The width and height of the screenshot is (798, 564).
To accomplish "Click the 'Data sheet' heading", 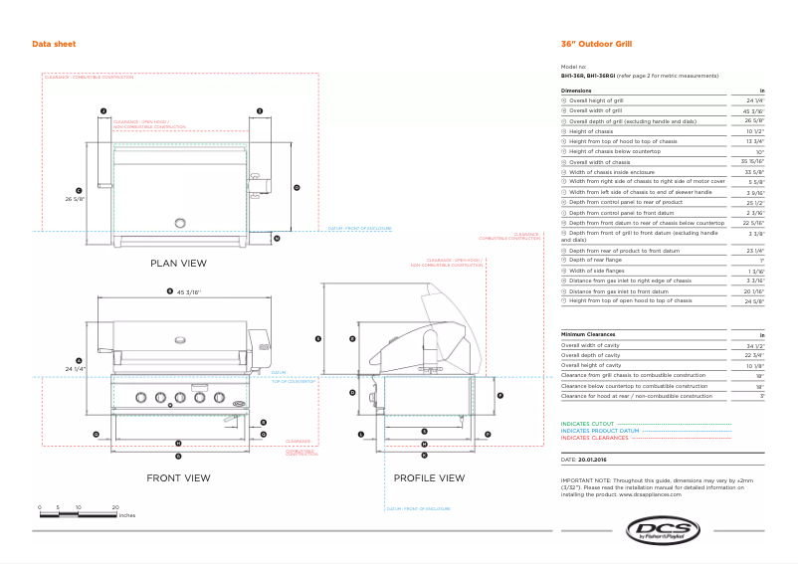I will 54,44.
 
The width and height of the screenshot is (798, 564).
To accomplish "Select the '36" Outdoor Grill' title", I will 596,44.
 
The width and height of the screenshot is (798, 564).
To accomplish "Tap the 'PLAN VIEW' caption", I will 178,264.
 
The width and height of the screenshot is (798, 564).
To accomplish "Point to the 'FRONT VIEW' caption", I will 178,478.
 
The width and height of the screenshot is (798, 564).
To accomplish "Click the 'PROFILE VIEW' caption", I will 429,478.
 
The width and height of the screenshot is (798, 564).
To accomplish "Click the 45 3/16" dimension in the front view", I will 189,292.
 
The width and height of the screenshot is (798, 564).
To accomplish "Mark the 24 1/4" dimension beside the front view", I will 77,369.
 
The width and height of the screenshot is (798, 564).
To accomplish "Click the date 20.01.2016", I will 594,462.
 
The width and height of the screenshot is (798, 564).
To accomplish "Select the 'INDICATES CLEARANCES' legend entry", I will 595,438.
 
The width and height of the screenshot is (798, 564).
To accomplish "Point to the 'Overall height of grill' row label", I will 596,100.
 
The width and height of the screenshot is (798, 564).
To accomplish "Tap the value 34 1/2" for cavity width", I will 754,345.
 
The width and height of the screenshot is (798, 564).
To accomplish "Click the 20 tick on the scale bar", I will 115,507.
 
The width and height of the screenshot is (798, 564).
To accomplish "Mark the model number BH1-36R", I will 572,75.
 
